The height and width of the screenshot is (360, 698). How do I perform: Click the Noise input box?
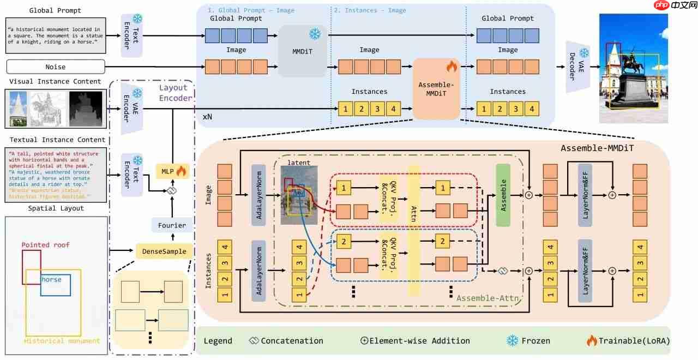click(x=55, y=67)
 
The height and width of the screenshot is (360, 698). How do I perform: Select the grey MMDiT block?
click(x=302, y=51)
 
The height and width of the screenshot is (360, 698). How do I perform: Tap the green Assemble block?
click(x=503, y=195)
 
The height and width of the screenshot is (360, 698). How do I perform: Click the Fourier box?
click(x=172, y=225)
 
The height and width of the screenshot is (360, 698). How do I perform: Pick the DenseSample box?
click(x=164, y=251)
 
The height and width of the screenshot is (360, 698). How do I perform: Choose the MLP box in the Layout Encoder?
click(x=171, y=172)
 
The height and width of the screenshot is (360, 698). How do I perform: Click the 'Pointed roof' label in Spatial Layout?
click(x=46, y=245)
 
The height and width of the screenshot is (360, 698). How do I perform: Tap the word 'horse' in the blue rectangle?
click(x=52, y=280)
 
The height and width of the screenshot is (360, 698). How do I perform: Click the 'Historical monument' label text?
click(x=62, y=341)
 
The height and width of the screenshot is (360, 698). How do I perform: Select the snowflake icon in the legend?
click(x=513, y=340)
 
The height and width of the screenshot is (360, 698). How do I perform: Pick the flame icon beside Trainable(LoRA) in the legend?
click(x=592, y=340)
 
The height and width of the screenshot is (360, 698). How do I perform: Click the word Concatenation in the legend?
click(x=292, y=341)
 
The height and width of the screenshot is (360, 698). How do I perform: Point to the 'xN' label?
click(x=208, y=117)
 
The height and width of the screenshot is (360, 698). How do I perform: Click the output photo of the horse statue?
click(x=633, y=68)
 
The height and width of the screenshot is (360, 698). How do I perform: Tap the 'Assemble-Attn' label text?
click(x=487, y=298)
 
